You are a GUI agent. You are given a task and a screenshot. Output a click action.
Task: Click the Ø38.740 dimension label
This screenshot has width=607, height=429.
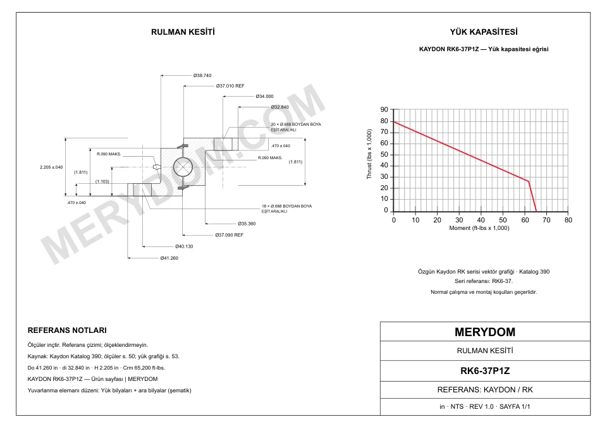(202, 75)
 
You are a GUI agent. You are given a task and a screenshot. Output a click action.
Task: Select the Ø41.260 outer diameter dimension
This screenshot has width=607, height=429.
(169, 258)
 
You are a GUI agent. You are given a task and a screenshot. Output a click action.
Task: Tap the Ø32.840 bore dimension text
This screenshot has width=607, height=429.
(279, 107)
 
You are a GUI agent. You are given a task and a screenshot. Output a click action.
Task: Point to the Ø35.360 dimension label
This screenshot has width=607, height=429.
(247, 224)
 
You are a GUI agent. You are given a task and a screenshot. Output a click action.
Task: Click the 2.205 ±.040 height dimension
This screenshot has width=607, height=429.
(51, 167)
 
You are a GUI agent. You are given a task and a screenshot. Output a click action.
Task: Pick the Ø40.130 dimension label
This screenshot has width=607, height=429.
(184, 246)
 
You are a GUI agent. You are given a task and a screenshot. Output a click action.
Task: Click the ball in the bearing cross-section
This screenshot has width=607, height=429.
(183, 167)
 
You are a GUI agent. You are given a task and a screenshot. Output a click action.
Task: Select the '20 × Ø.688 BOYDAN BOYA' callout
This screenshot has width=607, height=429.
(296, 124)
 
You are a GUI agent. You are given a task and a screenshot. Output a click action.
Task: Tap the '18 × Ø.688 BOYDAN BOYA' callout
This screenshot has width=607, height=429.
(286, 206)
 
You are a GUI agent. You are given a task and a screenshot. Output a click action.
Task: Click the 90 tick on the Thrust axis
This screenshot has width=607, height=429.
(384, 110)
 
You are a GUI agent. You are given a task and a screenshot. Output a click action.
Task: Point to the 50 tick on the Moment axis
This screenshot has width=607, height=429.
(503, 220)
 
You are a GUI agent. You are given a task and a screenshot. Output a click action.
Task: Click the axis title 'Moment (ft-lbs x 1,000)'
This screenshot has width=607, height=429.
(479, 228)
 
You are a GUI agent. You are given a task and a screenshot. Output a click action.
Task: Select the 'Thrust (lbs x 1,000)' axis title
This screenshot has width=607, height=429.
(369, 154)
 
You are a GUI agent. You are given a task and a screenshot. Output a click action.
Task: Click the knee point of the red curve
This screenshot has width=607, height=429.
(529, 181)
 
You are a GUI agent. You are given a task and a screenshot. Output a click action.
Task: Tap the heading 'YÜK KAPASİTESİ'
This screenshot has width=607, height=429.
(484, 32)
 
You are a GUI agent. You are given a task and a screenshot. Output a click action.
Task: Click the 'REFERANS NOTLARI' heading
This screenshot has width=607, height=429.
(67, 330)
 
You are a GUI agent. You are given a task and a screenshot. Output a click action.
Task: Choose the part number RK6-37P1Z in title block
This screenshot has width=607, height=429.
(485, 371)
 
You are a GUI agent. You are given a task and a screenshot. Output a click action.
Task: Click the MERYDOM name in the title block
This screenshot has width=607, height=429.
(485, 332)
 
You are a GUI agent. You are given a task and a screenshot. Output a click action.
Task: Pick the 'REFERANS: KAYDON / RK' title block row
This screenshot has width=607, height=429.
(485, 390)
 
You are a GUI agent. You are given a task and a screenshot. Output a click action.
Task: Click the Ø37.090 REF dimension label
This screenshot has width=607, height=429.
(229, 235)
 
